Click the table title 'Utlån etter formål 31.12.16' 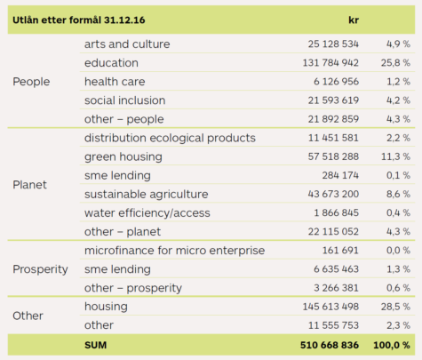tap(79, 20)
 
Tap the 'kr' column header tap(354, 20)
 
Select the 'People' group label tap(31, 82)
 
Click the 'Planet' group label tap(29, 185)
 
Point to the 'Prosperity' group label tap(40, 269)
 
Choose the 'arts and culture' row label tap(127, 44)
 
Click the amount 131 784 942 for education tap(330, 63)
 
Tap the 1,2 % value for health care tap(398, 82)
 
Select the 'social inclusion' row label tap(124, 100)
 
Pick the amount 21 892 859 tap(333, 119)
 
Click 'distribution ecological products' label tap(170, 138)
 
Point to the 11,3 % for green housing tap(395, 156)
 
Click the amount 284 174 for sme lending tap(340, 175)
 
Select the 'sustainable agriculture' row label tap(146, 195)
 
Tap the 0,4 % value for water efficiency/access tap(398, 212)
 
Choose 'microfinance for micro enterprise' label tap(174, 251)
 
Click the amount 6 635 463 tap(337, 269)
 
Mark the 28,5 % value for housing tap(395, 307)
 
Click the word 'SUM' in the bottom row tap(95, 345)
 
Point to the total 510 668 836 tap(330, 345)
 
